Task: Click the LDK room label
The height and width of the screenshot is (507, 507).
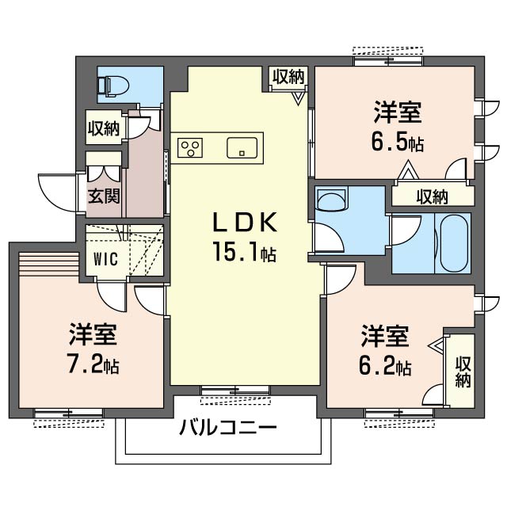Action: tap(245, 222)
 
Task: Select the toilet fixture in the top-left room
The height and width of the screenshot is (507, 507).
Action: tap(113, 86)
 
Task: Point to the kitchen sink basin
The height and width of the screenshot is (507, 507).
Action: tap(242, 148)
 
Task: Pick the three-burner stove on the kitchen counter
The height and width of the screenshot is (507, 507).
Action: tap(190, 148)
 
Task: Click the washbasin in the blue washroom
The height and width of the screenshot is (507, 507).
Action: tap(332, 199)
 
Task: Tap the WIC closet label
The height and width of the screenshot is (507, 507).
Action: tap(105, 259)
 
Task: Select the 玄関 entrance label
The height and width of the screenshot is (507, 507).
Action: tap(104, 196)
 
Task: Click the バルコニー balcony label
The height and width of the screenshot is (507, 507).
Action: tap(228, 428)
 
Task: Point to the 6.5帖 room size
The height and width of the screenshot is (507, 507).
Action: tap(398, 143)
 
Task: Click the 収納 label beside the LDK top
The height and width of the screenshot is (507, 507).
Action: tap(288, 77)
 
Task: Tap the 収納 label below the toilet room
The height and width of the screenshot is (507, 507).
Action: tap(104, 128)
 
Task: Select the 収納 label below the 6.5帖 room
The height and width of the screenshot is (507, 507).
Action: tap(432, 196)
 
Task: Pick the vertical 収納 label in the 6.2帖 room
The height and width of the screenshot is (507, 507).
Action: tap(463, 372)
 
